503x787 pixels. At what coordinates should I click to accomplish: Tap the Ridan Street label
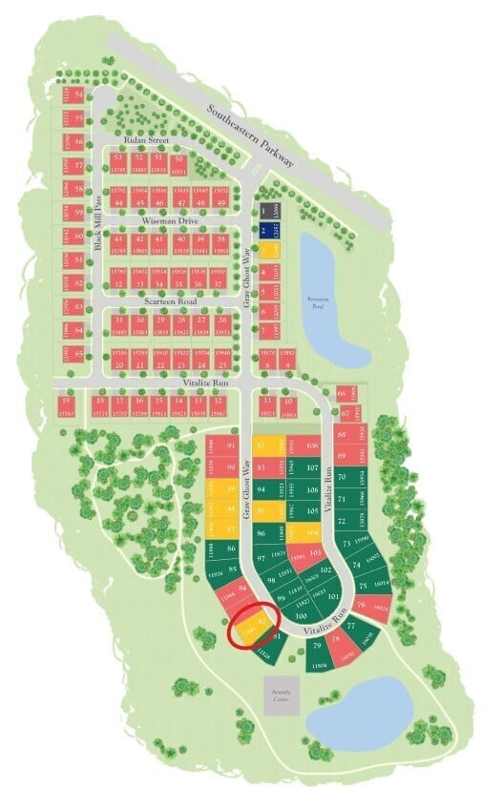(145, 140)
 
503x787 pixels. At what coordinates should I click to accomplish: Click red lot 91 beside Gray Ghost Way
(232, 445)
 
